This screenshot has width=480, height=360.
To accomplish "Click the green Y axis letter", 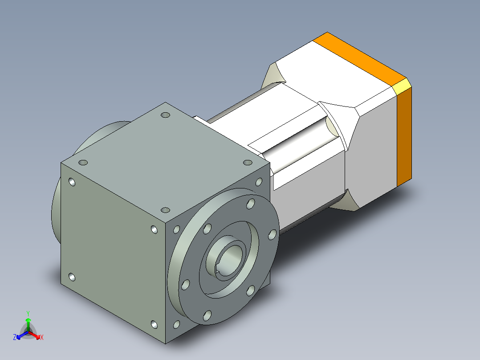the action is (28, 313).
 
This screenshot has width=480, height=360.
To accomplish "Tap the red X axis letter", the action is (42, 337).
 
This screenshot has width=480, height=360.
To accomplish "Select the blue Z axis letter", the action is (15, 337).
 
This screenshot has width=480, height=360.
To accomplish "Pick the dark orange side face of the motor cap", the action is (404, 137).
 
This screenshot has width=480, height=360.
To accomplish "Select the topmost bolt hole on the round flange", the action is (251, 204).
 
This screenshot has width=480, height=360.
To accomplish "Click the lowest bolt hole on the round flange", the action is (207, 315).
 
